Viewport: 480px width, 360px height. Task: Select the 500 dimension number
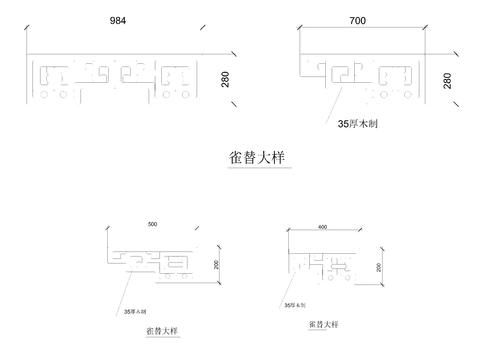coord(152,222)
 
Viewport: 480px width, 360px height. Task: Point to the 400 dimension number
coord(322,227)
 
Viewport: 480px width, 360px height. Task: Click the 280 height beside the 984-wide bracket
coord(226,79)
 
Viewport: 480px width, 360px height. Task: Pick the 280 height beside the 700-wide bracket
coord(446,79)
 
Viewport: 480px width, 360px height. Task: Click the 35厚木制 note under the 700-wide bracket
coord(358,126)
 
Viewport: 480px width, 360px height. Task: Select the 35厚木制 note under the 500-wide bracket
coord(134,311)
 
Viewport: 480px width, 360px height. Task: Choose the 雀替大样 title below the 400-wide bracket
coord(323,326)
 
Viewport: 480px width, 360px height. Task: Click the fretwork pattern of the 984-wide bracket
coord(115,80)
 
